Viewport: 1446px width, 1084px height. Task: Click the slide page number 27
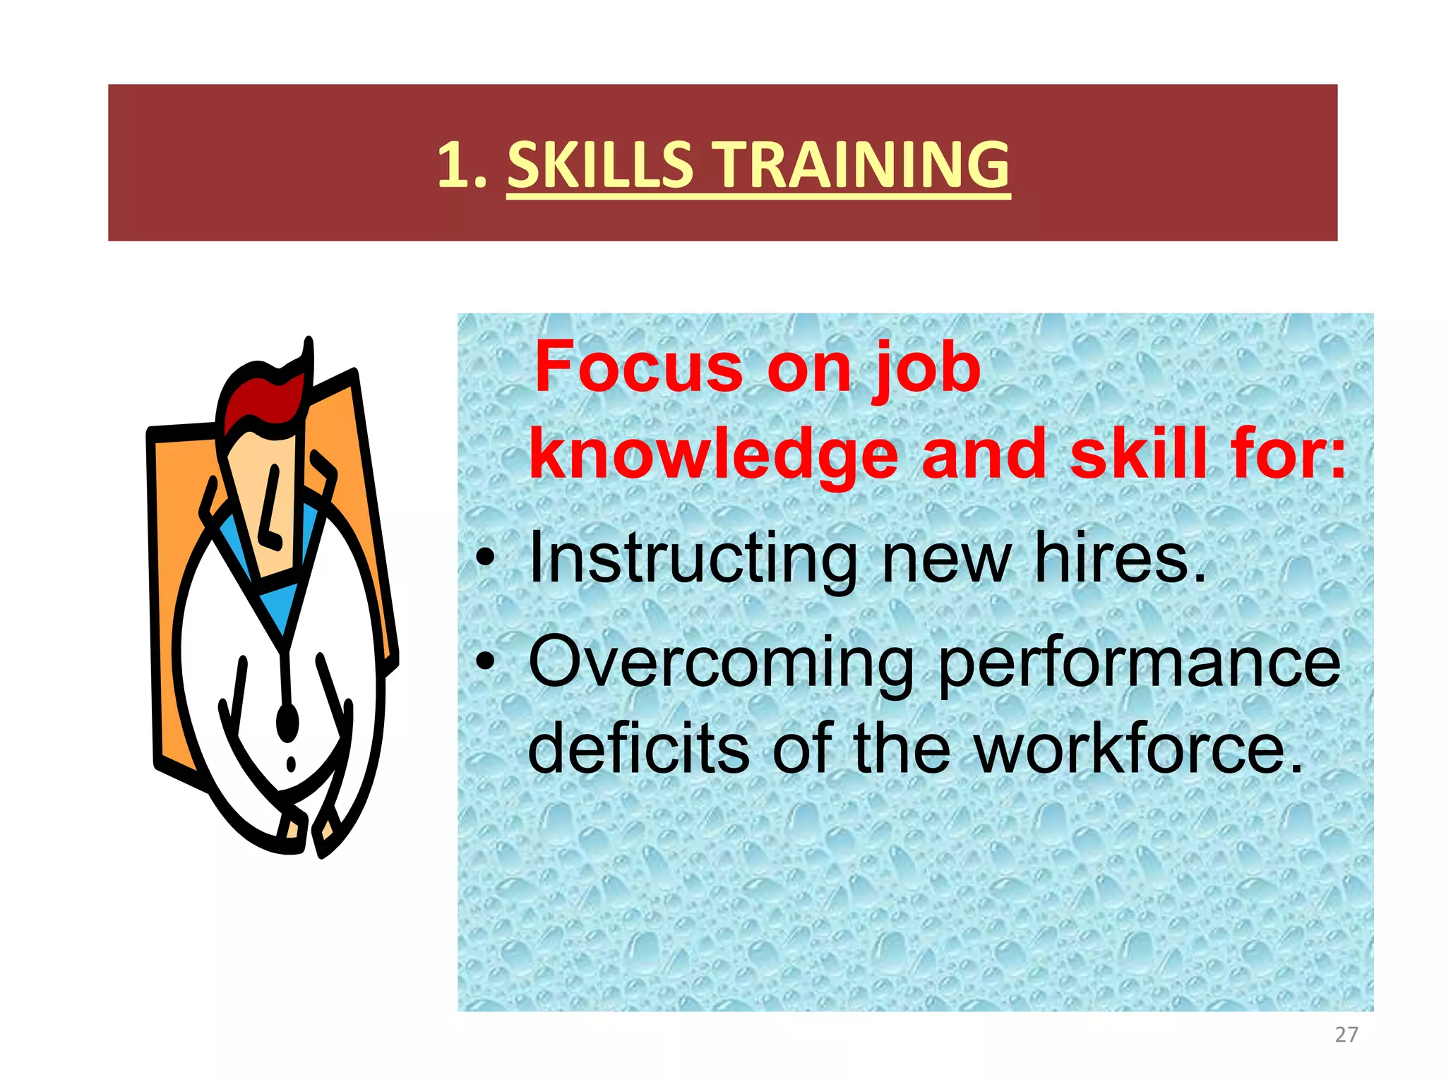click(x=1346, y=1035)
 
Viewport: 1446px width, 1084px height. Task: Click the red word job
click(x=927, y=368)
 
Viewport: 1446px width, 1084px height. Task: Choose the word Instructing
click(x=693, y=559)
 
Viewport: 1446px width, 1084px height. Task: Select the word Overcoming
click(x=721, y=663)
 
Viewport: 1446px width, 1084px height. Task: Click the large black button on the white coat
click(x=287, y=721)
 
